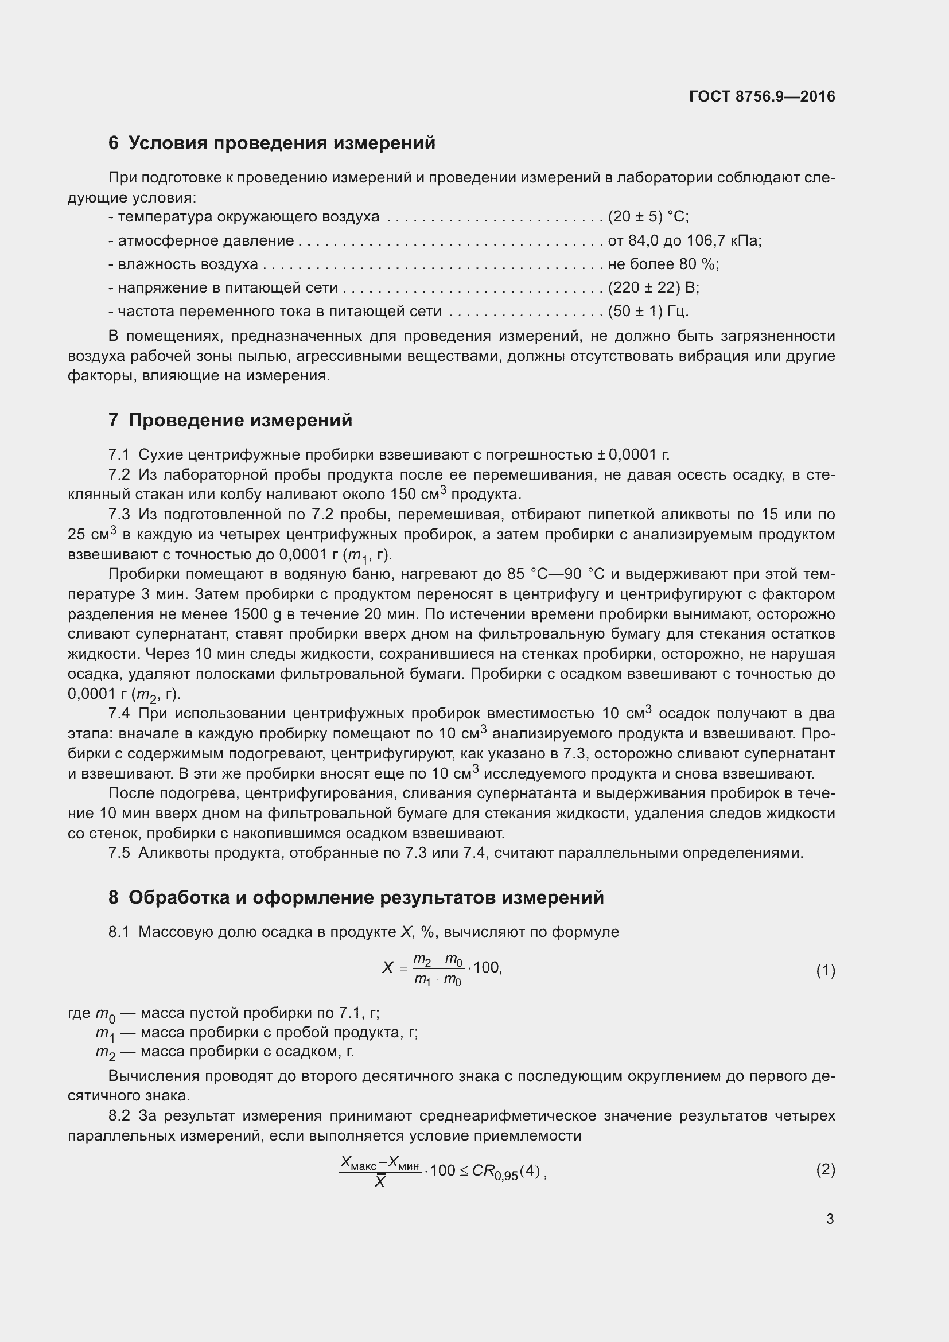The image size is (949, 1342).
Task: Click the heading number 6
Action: [x=114, y=143]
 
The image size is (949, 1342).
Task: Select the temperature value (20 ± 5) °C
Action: [x=648, y=217]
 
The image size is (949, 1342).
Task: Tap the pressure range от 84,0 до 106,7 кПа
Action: [x=684, y=241]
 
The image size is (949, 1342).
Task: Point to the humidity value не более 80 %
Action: [x=663, y=264]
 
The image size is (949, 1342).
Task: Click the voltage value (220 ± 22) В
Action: [x=654, y=287]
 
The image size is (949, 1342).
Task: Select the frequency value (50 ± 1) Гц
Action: [x=648, y=311]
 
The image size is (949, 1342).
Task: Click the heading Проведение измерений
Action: [x=240, y=420]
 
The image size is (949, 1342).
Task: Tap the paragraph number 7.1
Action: [x=119, y=455]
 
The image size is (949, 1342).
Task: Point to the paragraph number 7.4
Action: [x=119, y=714]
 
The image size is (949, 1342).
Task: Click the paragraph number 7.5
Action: [x=119, y=853]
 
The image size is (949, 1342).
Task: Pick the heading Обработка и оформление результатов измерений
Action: [x=366, y=897]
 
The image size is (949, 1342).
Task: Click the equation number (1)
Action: [x=825, y=971]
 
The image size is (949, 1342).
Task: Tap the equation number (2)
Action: [x=825, y=1169]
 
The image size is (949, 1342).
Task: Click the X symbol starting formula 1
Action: [x=387, y=968]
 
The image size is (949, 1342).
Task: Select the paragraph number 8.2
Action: [x=119, y=1116]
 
